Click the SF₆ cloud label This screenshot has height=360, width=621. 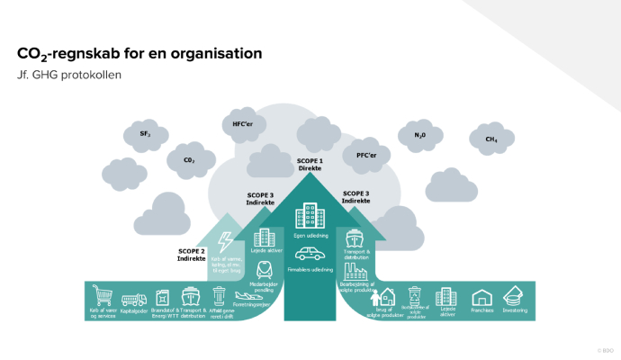(x=145, y=133)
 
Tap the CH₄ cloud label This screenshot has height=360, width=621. (x=491, y=139)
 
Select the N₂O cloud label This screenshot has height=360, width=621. (x=419, y=135)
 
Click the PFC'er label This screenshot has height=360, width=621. (x=366, y=155)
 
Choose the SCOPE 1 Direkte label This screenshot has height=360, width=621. (x=310, y=165)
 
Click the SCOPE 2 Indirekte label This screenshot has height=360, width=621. (x=191, y=254)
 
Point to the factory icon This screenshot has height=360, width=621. (x=354, y=269)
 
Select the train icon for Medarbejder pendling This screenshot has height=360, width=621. (x=264, y=267)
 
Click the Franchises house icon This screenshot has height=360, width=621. (x=481, y=297)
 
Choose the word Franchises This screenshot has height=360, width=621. (x=481, y=311)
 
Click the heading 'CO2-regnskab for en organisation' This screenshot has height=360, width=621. (x=139, y=54)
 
